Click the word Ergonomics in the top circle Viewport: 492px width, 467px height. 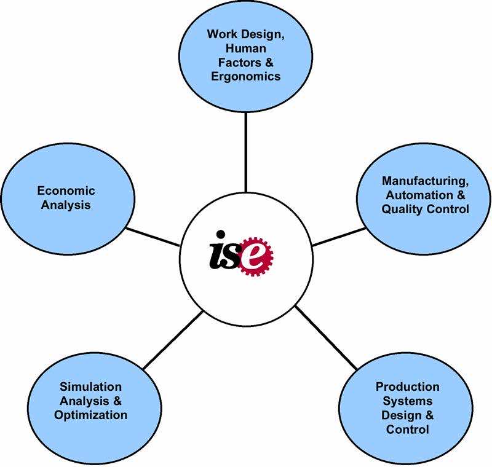245,77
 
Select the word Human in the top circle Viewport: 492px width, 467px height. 245,49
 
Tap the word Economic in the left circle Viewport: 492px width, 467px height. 66,190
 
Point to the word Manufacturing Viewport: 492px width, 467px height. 425,181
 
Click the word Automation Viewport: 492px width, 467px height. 419,195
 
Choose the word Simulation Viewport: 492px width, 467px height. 90,387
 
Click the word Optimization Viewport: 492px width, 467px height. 90,415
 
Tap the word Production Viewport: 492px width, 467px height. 407,387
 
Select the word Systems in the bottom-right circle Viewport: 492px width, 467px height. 407,401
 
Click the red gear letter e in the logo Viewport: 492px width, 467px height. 256,257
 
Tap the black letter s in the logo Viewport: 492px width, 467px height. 233,256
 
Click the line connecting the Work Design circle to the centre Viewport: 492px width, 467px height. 245,152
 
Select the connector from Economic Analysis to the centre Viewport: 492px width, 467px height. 153,237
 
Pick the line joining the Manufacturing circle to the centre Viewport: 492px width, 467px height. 339,237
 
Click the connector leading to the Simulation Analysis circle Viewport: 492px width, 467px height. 173,340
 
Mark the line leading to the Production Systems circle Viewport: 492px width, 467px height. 326,338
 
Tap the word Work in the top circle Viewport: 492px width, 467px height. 220,34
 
